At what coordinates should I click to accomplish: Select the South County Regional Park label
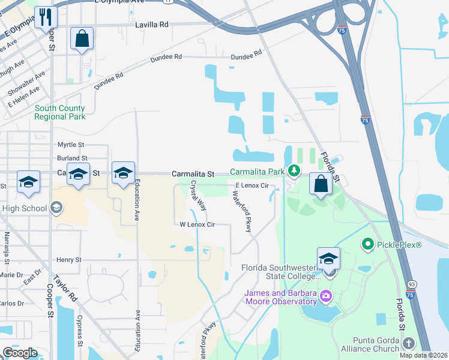pyautogui.click(x=59, y=112)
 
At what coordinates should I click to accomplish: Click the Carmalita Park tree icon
pyautogui.click(x=294, y=172)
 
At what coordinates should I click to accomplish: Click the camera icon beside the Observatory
pyautogui.click(x=326, y=295)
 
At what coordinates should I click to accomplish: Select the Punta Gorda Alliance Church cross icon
pyautogui.click(x=408, y=343)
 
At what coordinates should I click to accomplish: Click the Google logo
pyautogui.click(x=20, y=353)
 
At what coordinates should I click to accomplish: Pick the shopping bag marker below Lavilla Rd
pyautogui.click(x=82, y=39)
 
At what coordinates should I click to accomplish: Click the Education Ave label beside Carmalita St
pyautogui.click(x=137, y=200)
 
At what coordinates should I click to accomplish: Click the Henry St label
pyautogui.click(x=68, y=260)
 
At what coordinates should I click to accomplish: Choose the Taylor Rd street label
pyautogui.click(x=65, y=287)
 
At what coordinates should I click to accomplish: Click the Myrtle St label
pyautogui.click(x=71, y=145)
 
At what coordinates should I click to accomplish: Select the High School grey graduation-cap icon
pyautogui.click(x=56, y=208)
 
